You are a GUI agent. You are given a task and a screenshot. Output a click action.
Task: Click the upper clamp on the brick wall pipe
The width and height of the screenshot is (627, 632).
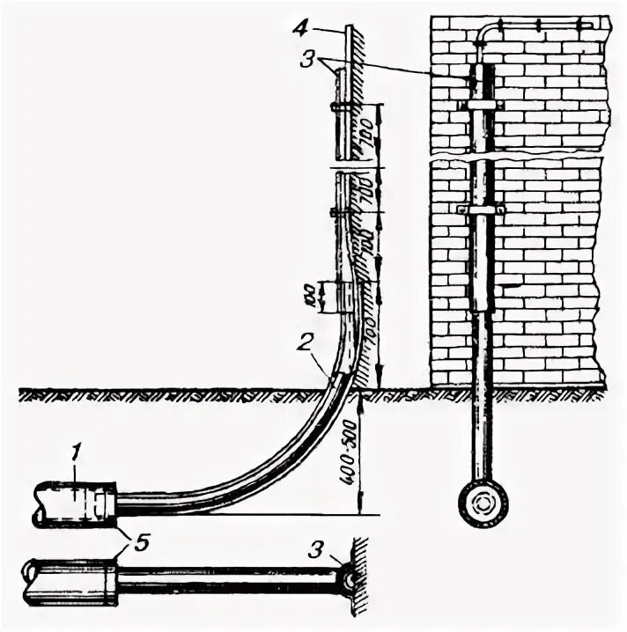[x=483, y=105]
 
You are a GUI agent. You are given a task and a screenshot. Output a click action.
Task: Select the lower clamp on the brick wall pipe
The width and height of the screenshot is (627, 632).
[x=481, y=210]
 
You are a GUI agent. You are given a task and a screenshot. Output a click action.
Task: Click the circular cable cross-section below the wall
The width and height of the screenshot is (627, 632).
[x=482, y=505]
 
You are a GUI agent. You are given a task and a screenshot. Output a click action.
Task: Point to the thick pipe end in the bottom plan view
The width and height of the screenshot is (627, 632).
[x=70, y=582]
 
